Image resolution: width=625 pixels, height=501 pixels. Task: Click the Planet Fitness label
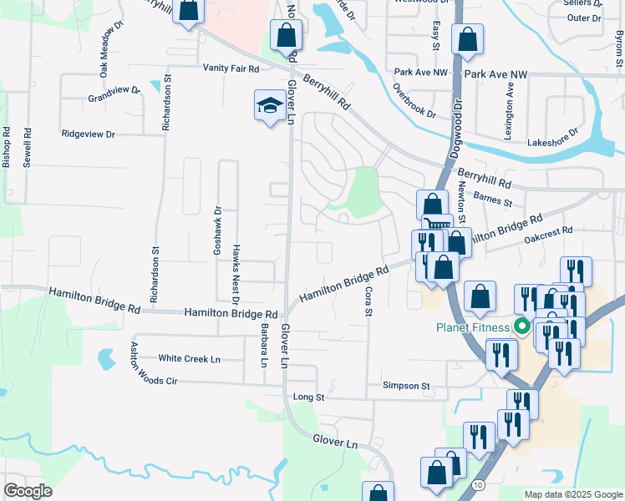[x=474, y=326]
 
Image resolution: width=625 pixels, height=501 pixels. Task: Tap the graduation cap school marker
[x=269, y=106]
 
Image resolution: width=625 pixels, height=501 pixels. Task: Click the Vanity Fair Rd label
[x=231, y=68]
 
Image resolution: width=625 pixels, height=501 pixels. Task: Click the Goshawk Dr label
[x=217, y=230]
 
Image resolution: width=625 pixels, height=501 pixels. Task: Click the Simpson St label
[x=406, y=387]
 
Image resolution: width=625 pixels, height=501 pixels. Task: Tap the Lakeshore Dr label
[x=552, y=138]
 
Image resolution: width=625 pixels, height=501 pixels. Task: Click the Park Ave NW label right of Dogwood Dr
[x=498, y=74]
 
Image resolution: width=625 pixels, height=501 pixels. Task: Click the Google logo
[x=28, y=490]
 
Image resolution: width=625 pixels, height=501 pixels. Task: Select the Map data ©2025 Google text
[x=573, y=494]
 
